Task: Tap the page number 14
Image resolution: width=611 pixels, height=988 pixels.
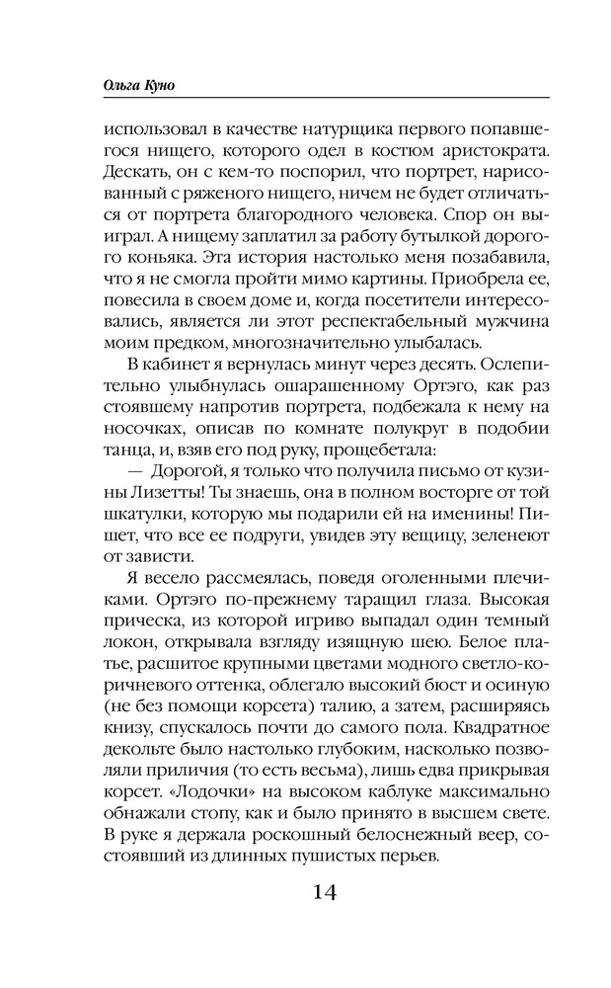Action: click(x=324, y=892)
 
